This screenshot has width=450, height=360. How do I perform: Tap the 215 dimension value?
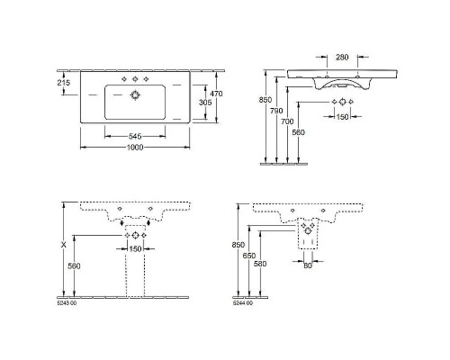62,83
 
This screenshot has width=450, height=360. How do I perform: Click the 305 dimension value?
205,103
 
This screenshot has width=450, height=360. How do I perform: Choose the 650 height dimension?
247,256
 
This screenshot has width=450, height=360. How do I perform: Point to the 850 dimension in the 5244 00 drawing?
237,245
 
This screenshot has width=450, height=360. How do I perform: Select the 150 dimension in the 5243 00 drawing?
135,248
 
